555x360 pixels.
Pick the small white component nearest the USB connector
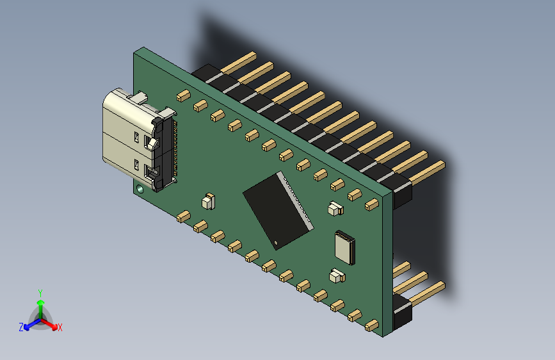208,201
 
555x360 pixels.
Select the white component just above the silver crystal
335,208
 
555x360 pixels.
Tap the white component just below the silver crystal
336,277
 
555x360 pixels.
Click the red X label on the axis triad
60,327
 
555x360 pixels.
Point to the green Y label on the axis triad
40,293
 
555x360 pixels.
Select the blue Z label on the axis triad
21,327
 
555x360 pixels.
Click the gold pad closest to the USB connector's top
183,95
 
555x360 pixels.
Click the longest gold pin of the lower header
426,294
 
